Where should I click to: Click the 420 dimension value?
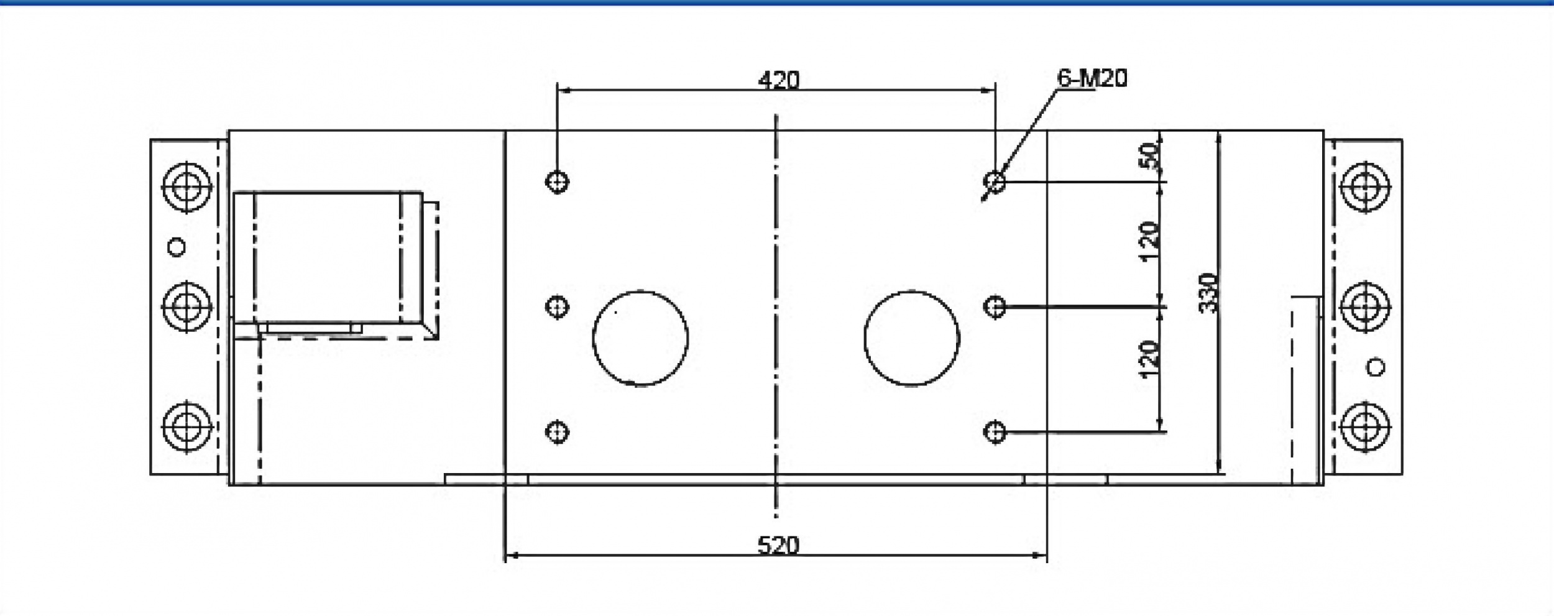(x=779, y=80)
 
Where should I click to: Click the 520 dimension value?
(x=778, y=546)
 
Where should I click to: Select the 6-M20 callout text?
(x=1092, y=78)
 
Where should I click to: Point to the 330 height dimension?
(x=1209, y=293)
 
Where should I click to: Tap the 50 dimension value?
(x=1151, y=156)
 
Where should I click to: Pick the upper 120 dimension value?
(x=1151, y=241)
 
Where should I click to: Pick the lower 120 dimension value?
(x=1151, y=359)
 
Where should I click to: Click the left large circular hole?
(x=640, y=338)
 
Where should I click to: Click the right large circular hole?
(x=912, y=338)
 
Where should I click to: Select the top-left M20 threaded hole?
(x=557, y=182)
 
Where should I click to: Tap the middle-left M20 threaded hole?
(x=557, y=306)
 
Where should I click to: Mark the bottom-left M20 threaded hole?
(x=557, y=431)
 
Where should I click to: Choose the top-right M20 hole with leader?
(x=995, y=182)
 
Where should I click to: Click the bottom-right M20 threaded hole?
(x=995, y=431)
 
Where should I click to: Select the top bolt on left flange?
(x=186, y=186)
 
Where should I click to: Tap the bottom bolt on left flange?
(x=186, y=427)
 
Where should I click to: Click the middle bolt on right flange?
(x=1365, y=306)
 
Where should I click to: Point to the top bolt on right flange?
(x=1365, y=186)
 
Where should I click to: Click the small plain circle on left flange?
(x=177, y=247)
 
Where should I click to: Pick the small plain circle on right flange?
(x=1376, y=367)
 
